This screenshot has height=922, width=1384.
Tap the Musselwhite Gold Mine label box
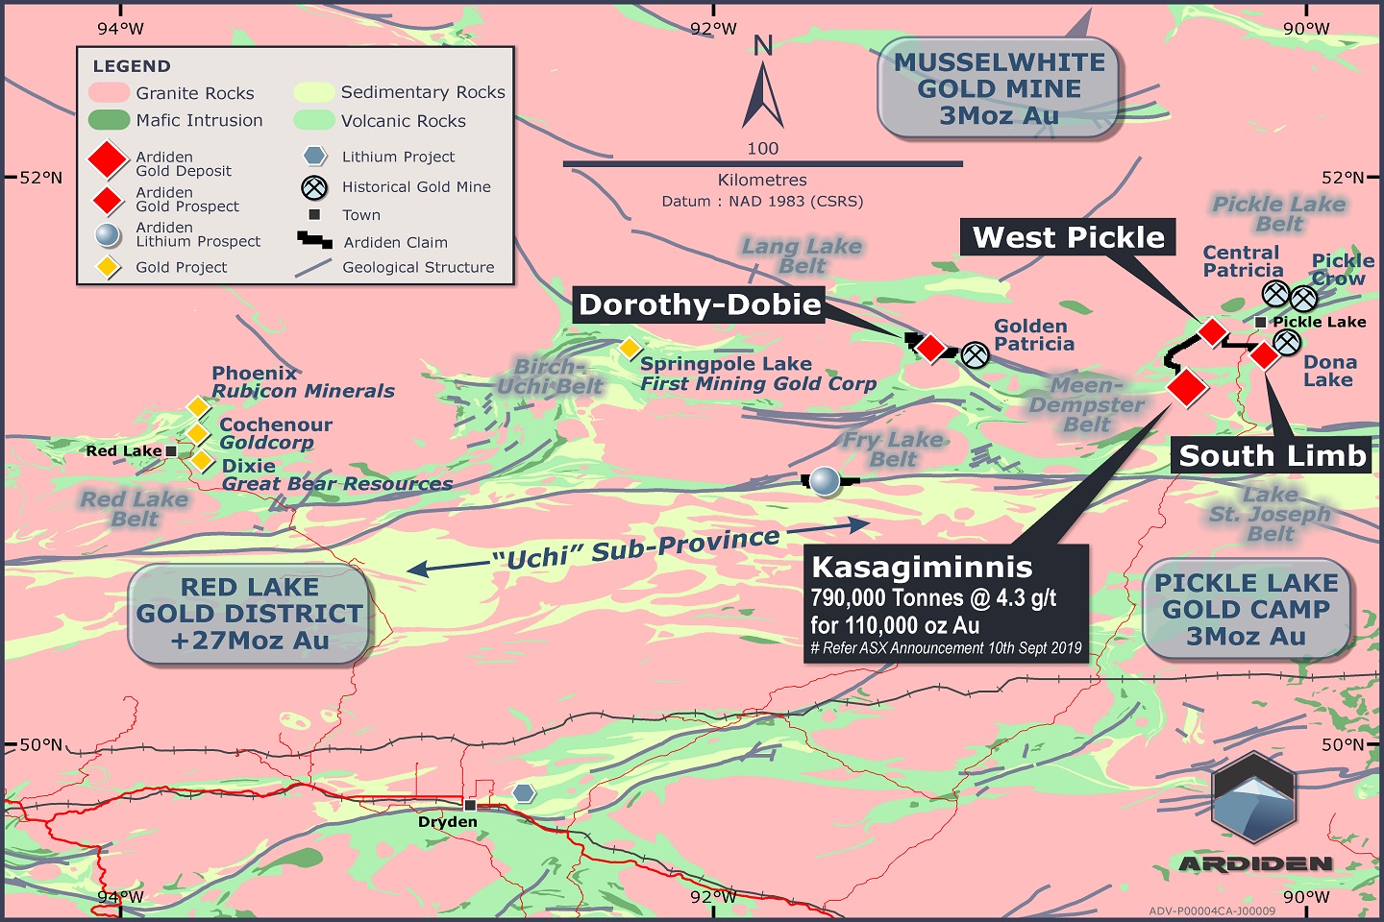coord(1000,88)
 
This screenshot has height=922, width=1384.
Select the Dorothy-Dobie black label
coord(700,305)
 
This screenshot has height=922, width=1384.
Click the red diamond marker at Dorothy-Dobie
coord(930,347)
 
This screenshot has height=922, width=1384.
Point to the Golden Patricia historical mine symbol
coord(976,355)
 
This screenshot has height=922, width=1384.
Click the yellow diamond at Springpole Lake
coord(629,348)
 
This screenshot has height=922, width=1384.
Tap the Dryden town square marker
coord(471,805)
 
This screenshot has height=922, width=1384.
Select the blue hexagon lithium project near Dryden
coord(523,793)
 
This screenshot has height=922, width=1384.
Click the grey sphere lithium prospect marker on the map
coord(824,480)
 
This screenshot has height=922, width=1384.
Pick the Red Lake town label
coord(124,451)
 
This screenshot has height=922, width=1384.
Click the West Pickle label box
coord(1068,237)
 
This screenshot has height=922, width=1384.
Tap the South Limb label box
coord(1272,455)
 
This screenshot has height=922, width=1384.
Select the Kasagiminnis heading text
coord(922,567)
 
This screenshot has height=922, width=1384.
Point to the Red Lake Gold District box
coord(250,614)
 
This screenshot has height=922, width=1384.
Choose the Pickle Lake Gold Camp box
coord(1246,609)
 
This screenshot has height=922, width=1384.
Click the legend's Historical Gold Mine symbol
coord(314,187)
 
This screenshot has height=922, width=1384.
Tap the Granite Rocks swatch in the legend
coord(109,93)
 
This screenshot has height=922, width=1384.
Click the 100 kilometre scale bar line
coord(762,164)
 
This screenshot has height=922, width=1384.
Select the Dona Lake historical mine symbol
coord(1287,342)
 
